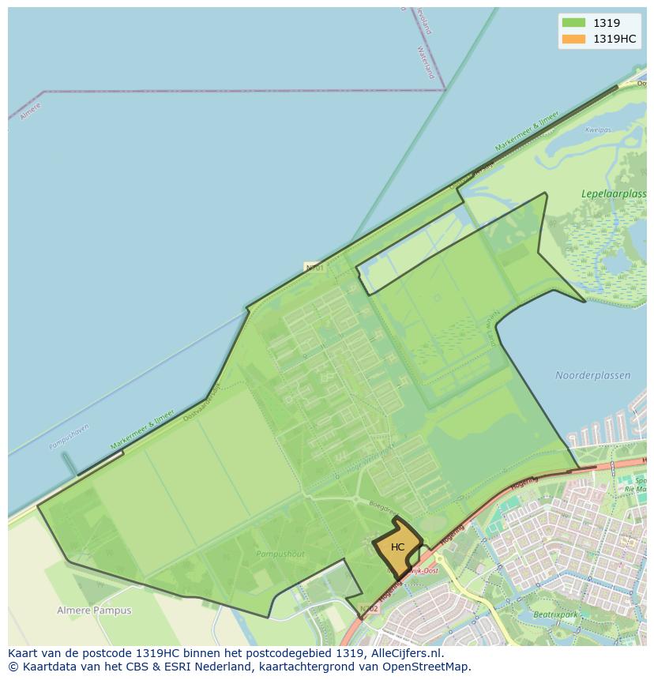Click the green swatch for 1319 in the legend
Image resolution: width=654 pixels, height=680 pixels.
[x=573, y=23]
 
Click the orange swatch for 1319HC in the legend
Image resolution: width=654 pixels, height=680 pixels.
[x=573, y=39]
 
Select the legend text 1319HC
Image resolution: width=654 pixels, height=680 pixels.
[x=615, y=39]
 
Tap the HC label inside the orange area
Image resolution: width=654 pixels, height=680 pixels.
[x=397, y=547]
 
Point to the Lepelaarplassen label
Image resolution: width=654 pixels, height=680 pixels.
[x=613, y=193]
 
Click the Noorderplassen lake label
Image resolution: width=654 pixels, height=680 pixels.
[x=592, y=375]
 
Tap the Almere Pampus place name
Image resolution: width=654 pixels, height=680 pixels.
[x=94, y=610]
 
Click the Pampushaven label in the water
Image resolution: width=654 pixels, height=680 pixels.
[x=70, y=437]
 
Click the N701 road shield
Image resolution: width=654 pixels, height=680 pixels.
[x=314, y=268]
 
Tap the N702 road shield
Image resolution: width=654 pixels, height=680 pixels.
[x=369, y=609]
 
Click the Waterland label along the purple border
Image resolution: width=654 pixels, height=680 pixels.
[x=426, y=62]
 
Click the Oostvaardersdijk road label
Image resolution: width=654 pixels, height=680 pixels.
[x=202, y=401]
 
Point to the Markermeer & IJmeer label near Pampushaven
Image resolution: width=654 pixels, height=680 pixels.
[x=142, y=430]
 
